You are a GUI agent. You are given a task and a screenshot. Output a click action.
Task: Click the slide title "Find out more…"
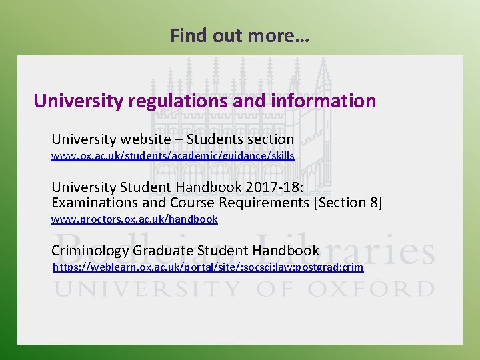click(239, 35)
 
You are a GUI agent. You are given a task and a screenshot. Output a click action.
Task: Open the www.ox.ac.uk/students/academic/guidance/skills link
click(173, 155)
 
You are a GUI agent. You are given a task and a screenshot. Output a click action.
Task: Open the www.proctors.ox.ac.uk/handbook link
click(135, 219)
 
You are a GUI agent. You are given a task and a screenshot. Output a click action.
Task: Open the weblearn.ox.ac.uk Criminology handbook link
click(208, 267)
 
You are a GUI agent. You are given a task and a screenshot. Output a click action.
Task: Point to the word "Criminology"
click(90, 251)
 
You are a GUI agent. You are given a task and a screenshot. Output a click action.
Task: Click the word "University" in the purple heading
click(78, 101)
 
